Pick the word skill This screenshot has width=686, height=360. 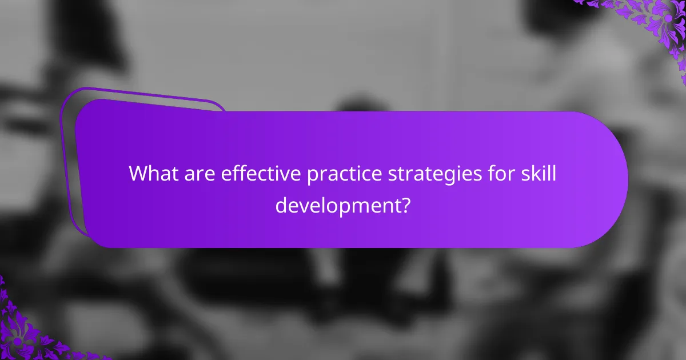point(537,173)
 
